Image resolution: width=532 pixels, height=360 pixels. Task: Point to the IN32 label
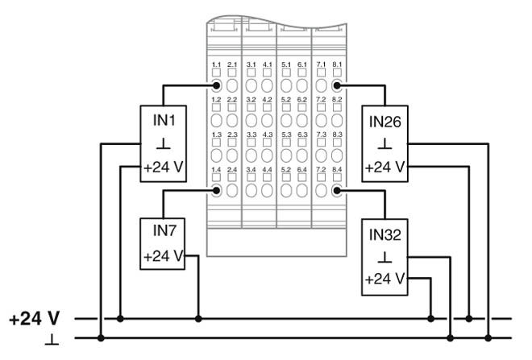tap(385, 238)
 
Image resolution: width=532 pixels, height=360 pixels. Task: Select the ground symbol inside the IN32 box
tap(385, 260)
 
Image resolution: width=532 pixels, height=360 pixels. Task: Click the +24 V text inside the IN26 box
tap(385, 169)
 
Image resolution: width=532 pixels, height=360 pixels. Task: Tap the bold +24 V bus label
tap(35, 318)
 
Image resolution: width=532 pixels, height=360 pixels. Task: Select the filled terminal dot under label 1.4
tap(216, 190)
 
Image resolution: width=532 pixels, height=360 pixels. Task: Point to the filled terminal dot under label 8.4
tap(337, 190)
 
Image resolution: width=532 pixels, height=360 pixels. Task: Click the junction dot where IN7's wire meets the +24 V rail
tap(198, 319)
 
